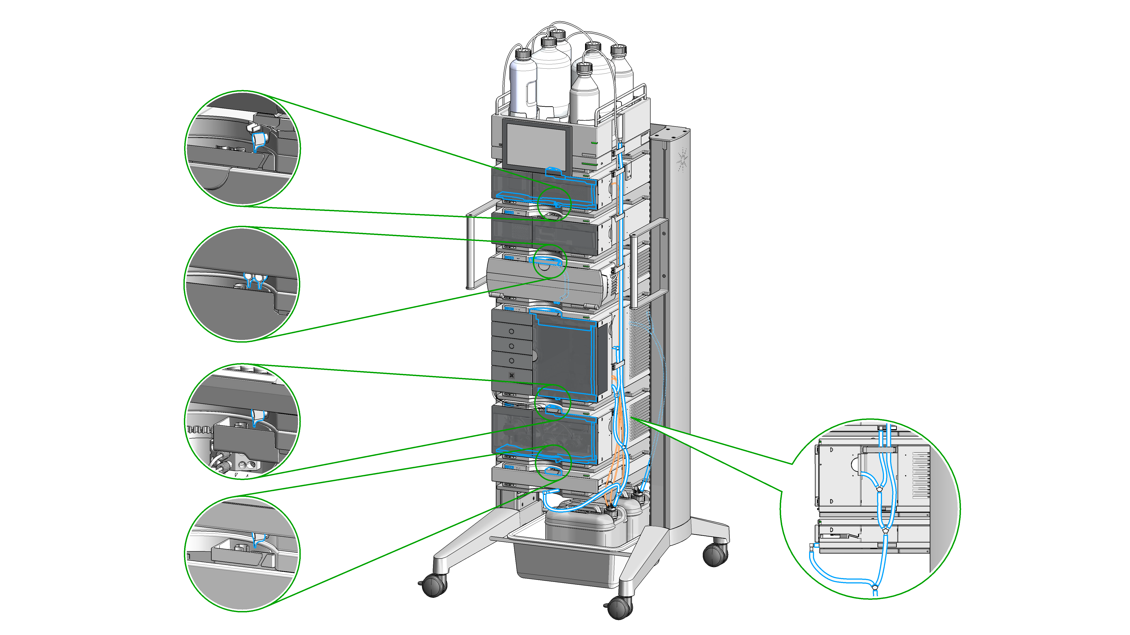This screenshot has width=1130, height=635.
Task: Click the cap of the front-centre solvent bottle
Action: pos(584,68)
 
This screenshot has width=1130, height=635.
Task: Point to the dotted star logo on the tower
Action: pos(682,160)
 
